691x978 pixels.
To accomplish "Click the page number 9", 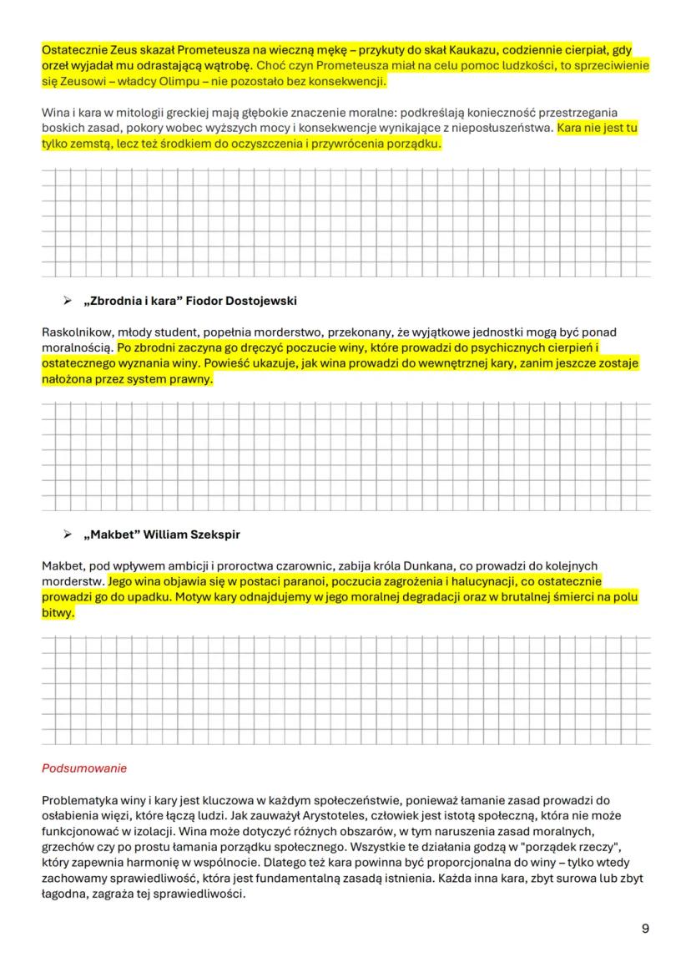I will (645, 928).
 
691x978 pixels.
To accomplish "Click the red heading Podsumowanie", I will (84, 768).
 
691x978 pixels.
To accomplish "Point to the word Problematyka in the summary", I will (78, 799).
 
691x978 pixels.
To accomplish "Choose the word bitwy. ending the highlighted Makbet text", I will (58, 612).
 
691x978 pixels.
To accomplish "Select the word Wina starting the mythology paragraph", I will (55, 113).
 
